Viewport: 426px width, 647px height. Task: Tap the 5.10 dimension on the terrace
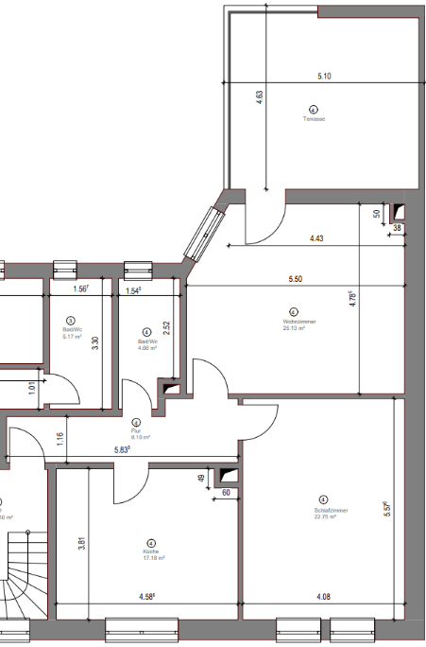click(x=324, y=77)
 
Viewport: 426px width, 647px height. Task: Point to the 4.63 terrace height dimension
click(x=260, y=97)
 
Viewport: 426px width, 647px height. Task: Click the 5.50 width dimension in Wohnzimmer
click(x=296, y=280)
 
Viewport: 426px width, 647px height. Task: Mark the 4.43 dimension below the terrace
click(x=315, y=238)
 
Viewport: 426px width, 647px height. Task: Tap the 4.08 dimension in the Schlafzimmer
click(x=323, y=597)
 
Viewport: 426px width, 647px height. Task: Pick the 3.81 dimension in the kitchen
click(x=83, y=543)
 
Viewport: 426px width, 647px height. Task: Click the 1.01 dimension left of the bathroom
click(x=31, y=386)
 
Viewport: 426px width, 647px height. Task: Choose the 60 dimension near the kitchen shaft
click(x=227, y=493)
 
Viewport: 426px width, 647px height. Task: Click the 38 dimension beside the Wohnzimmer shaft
click(x=397, y=228)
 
